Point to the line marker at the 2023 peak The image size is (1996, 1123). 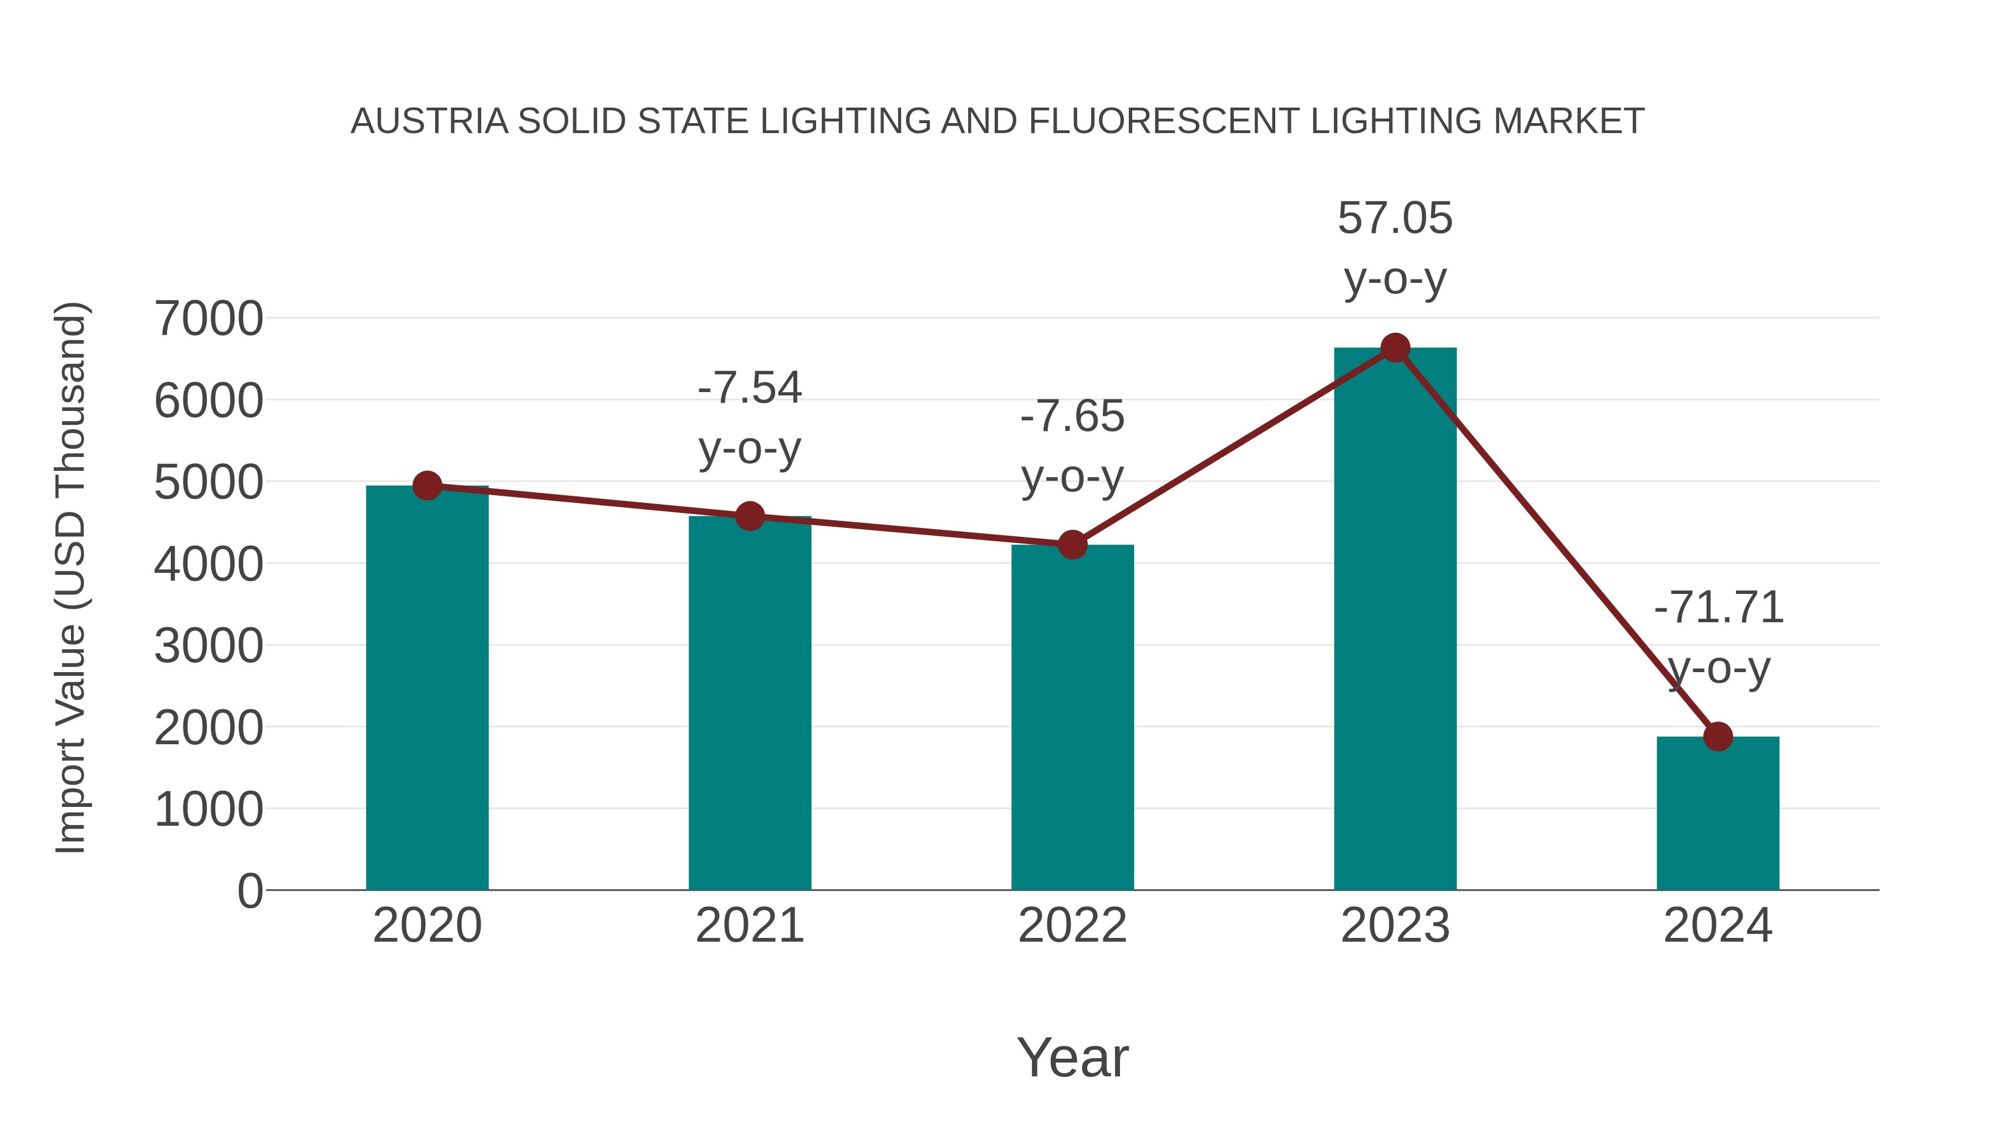1395,348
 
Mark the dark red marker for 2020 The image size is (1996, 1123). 427,486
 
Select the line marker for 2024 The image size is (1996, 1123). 1718,736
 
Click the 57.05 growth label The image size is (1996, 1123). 1395,218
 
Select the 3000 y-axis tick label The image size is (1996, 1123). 208,646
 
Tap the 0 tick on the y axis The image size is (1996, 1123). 249,891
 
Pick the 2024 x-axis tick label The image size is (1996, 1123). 1718,926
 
